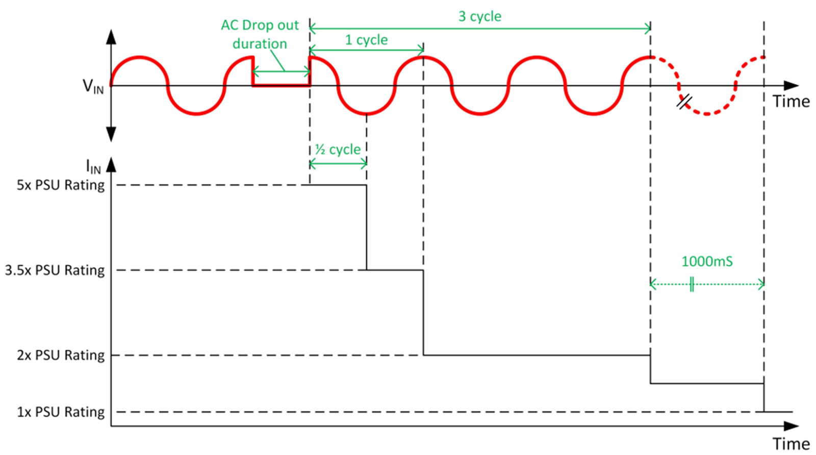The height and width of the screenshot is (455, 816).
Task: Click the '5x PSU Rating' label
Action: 61,185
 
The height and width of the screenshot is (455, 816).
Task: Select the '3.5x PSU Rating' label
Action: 55,270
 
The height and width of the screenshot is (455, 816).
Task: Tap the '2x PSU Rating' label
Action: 61,355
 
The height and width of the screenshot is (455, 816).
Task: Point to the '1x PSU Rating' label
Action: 61,412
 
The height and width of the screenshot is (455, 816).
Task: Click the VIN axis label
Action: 93,86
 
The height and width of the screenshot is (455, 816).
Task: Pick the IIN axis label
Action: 93,166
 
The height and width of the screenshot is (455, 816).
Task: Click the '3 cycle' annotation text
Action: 479,16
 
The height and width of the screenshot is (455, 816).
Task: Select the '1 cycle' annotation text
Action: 366,40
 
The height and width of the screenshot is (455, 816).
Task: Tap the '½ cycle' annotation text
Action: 338,149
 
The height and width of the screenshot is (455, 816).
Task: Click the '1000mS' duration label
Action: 707,261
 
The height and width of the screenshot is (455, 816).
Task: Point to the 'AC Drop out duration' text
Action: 260,34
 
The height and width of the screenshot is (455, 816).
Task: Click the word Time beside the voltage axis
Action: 790,101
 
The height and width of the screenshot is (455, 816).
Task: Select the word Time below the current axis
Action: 790,444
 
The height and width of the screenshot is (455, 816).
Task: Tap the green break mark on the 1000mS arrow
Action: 692,284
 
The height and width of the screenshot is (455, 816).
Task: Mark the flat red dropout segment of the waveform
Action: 281,85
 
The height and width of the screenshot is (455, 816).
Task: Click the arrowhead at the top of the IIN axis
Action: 111,164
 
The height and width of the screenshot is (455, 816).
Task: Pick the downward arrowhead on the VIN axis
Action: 111,135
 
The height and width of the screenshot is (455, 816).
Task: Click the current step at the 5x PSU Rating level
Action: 338,185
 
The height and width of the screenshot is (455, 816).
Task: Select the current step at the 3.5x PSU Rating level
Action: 395,270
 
